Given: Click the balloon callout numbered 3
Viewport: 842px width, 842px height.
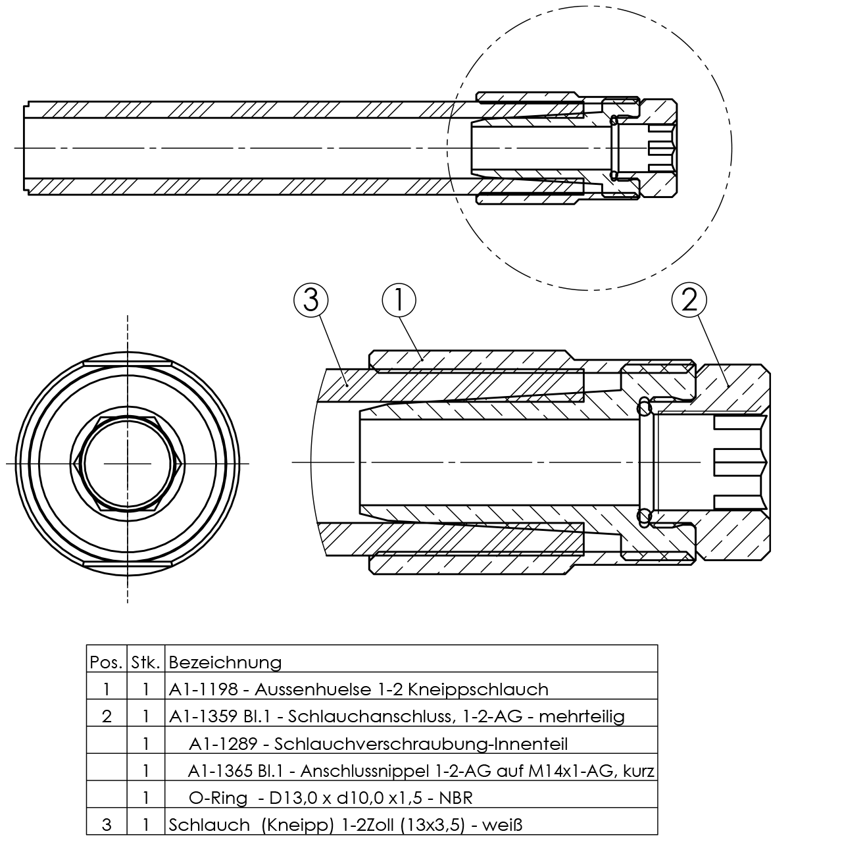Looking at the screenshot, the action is point(310,301).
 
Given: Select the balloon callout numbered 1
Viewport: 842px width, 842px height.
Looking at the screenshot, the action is point(399,301).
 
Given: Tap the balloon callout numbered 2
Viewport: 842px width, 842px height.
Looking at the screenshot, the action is point(689,301).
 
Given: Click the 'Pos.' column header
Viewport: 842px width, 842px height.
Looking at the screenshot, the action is point(106,663).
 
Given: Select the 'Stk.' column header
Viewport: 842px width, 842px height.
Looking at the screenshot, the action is point(145,663).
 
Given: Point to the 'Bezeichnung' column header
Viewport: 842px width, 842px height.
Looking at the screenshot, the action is point(225,663).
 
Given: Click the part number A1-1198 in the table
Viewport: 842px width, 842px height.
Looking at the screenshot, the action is point(203,690).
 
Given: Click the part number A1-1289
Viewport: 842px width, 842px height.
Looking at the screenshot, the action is point(223,744).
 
